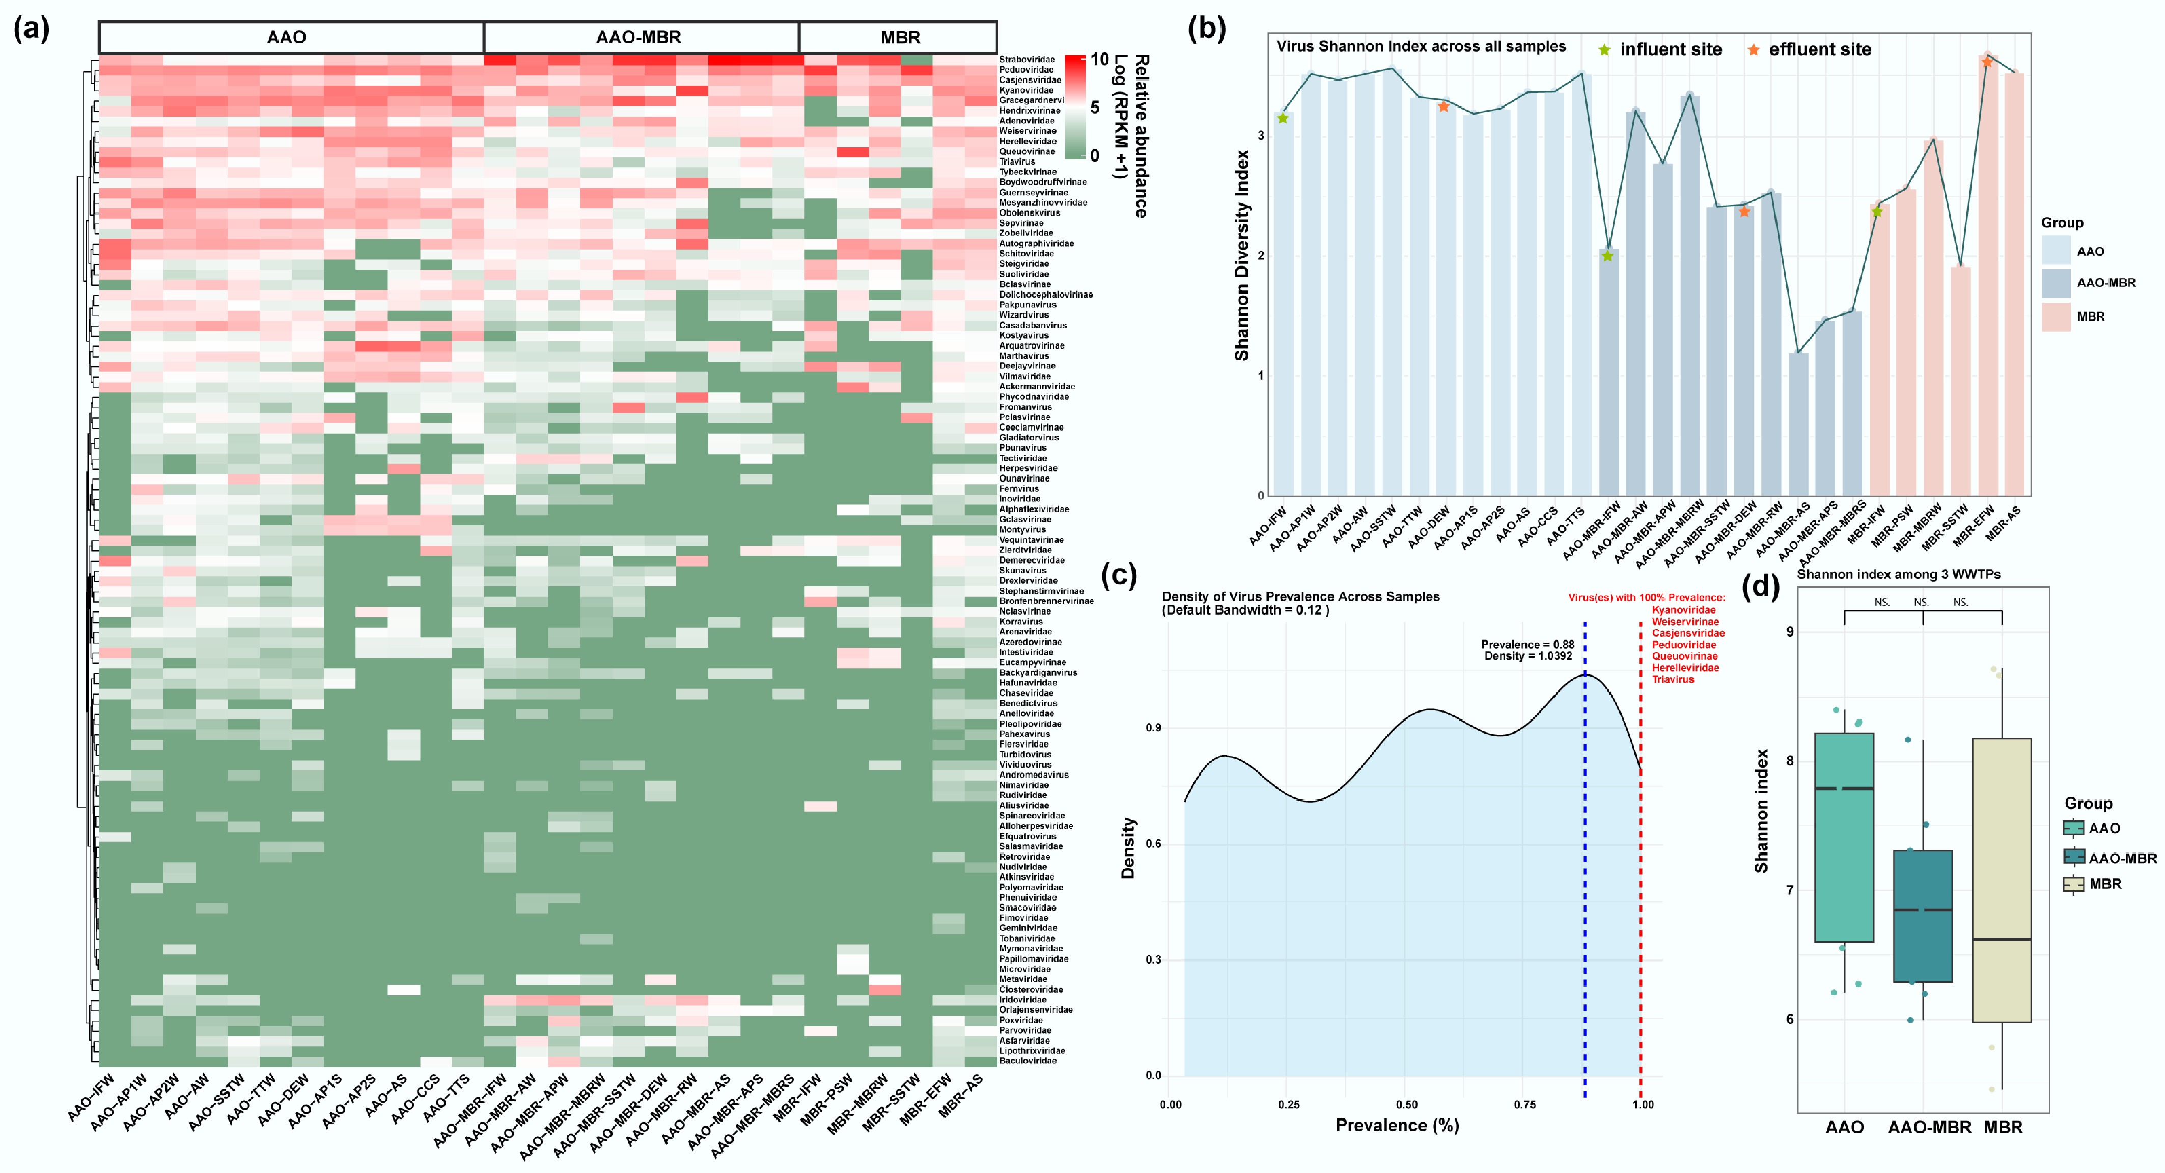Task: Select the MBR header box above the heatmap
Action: [899, 37]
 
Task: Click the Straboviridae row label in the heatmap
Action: [1026, 60]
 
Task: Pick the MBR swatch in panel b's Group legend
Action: [2056, 317]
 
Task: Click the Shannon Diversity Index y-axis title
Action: [1241, 256]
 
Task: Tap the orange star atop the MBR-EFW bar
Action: [1987, 61]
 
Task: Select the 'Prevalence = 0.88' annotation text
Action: [1527, 644]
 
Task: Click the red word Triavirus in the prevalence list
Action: [1673, 679]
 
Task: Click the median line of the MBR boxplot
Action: [2002, 939]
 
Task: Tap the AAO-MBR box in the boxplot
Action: [1923, 917]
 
